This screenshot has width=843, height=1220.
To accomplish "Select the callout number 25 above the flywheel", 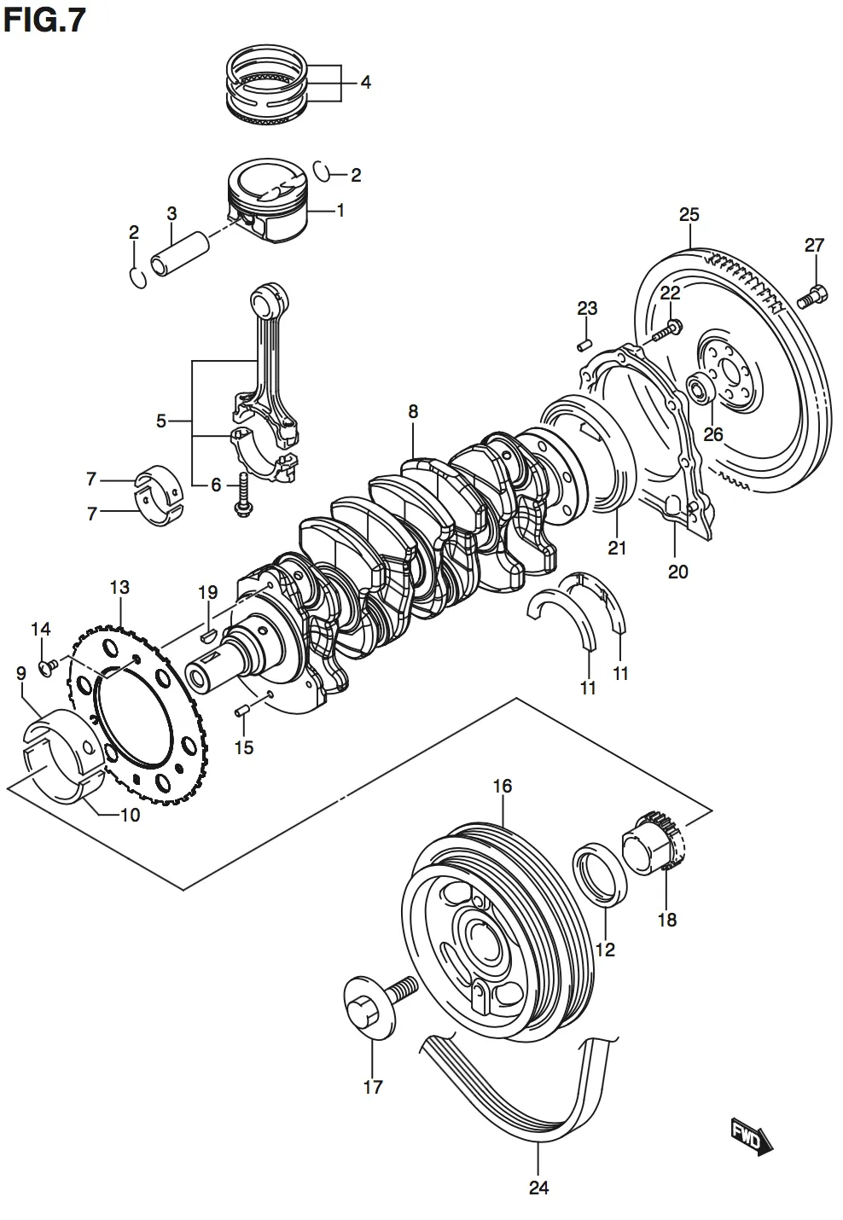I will pyautogui.click(x=689, y=215).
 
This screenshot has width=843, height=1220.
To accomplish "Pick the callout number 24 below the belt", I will pyautogui.click(x=538, y=1187).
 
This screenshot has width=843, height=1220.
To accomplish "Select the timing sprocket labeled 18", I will pyautogui.click(x=653, y=844).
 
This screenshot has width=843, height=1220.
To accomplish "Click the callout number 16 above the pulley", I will pyautogui.click(x=503, y=786).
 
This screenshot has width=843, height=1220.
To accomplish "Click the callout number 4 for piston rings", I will pyautogui.click(x=365, y=83).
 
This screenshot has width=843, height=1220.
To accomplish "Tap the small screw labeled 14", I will pyautogui.click(x=48, y=663).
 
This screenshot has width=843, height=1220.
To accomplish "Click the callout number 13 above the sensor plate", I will pyautogui.click(x=119, y=587).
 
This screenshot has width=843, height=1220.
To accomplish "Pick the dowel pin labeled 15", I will pyautogui.click(x=241, y=710).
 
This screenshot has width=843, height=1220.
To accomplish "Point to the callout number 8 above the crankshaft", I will pyautogui.click(x=413, y=411).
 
